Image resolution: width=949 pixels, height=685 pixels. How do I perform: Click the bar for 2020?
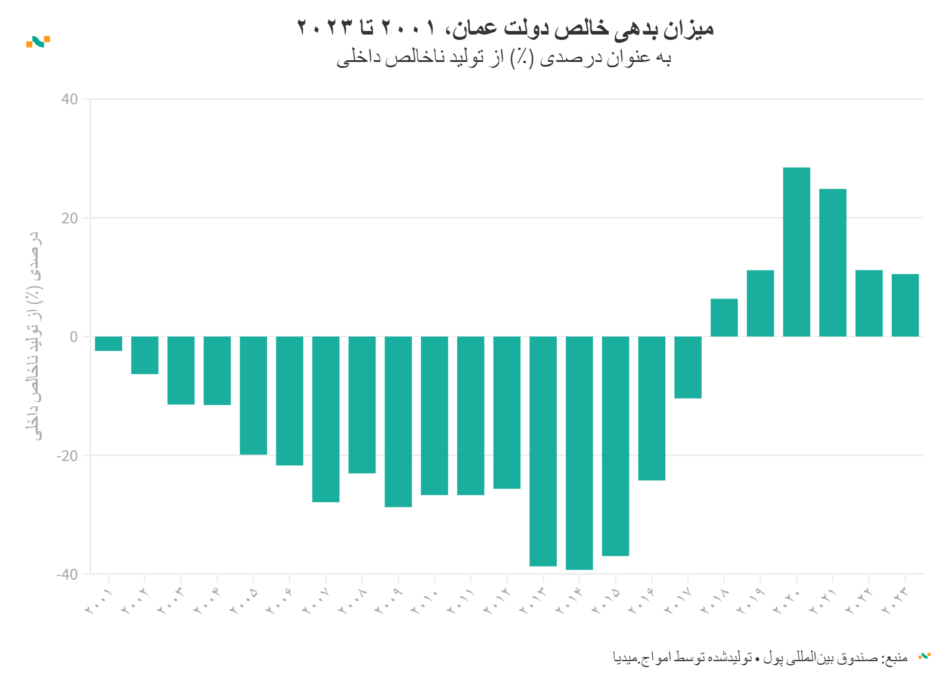click(796, 252)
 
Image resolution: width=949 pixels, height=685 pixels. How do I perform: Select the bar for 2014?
click(579, 453)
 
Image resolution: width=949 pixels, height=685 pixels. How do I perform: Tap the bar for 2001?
click(108, 344)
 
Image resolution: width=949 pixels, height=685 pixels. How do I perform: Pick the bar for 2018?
click(724, 317)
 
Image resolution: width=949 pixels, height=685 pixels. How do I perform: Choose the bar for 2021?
click(833, 263)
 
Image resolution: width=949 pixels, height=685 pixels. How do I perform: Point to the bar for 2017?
click(688, 367)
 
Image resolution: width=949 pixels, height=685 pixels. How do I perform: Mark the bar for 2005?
click(253, 396)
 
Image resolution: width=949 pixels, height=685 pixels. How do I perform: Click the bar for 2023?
click(905, 305)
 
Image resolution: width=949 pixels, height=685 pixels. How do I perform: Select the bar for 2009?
click(398, 422)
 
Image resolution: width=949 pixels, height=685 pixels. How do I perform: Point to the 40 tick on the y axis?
click(70, 99)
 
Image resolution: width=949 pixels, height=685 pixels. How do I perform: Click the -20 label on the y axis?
click(67, 456)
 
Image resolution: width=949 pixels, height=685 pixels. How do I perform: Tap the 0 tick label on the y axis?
click(74, 337)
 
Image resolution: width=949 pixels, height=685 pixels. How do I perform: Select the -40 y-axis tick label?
click(67, 574)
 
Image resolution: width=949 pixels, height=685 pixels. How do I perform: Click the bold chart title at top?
click(505, 27)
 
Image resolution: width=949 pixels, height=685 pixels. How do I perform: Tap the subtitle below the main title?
click(504, 58)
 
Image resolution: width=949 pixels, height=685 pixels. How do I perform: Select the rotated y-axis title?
click(35, 337)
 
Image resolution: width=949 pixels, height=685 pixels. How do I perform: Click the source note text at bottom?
click(760, 658)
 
